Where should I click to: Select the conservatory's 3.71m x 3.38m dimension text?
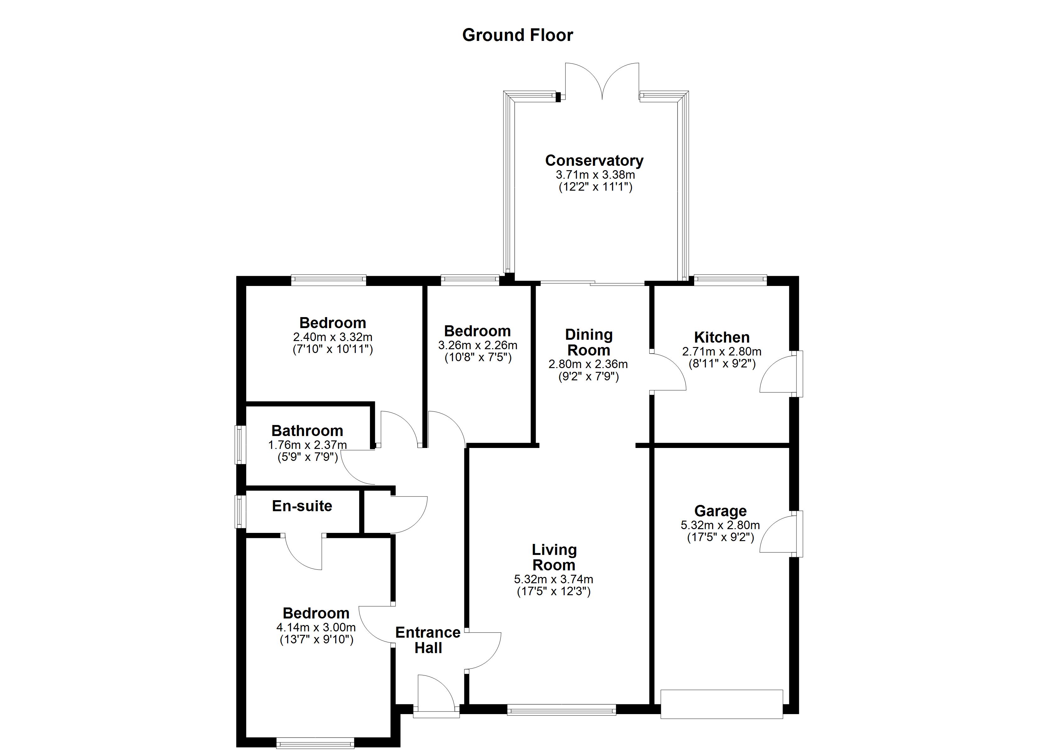tap(595, 175)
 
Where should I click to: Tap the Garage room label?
tap(720, 511)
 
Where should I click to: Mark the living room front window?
tap(561, 710)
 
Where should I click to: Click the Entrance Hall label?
tap(427, 640)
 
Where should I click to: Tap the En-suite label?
tap(302, 506)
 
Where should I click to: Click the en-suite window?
tap(240, 512)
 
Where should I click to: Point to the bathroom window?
tap(240, 444)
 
